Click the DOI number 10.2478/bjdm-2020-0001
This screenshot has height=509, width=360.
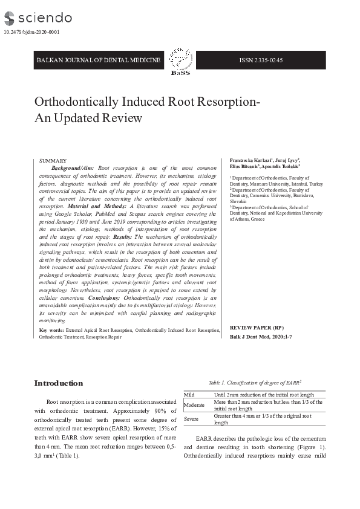click(x=31, y=32)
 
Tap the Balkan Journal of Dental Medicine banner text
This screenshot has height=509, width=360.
click(x=99, y=60)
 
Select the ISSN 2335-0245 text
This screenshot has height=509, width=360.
click(x=261, y=60)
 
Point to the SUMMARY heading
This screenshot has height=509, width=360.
click(x=53, y=160)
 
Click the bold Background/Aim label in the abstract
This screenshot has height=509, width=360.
click(x=73, y=167)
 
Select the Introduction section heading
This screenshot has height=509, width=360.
click(x=59, y=383)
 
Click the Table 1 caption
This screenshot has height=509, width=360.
click(x=255, y=383)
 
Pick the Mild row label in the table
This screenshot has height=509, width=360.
click(x=189, y=394)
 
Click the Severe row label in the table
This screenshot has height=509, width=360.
click(x=191, y=419)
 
